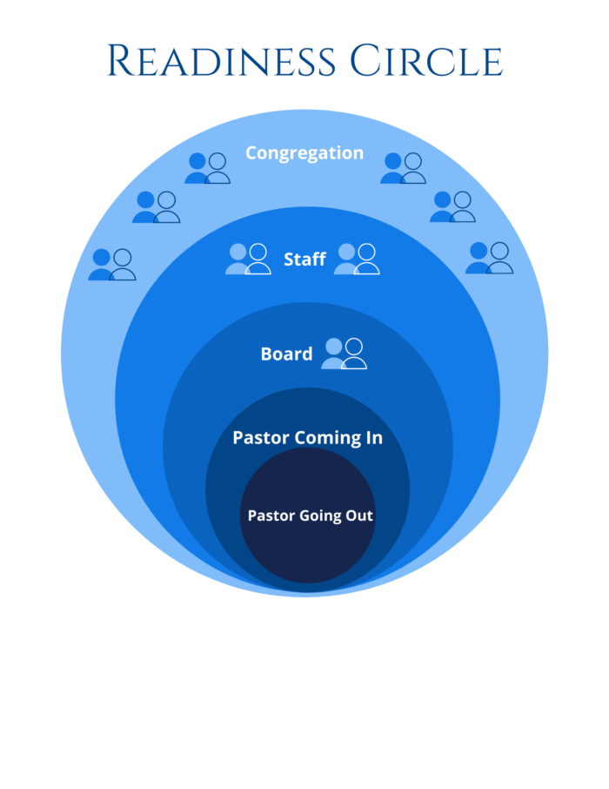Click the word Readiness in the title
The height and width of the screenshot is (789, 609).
coord(222,62)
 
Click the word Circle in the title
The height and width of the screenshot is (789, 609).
coord(426,62)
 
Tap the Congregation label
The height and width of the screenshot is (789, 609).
coord(304,153)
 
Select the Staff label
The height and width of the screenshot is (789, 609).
coord(304,260)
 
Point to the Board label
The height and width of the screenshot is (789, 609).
coord(286,354)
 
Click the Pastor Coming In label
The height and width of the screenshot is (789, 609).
coord(307,438)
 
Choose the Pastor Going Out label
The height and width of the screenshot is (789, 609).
coord(311,516)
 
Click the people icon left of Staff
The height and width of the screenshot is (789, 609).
coord(248,259)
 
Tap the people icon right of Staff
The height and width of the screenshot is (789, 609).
coord(357,259)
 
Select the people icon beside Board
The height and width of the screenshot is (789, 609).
coord(344,353)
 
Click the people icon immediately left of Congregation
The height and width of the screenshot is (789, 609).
coord(207,168)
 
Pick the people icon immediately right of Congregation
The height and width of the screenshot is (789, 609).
coord(403,168)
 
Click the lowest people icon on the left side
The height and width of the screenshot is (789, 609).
coord(112,264)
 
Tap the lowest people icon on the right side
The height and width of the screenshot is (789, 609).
coord(489,258)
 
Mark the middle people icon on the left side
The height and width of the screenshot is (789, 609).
coord(157,207)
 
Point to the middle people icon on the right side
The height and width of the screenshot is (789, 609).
coord(452,206)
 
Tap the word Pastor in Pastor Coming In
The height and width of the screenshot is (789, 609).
coord(260,438)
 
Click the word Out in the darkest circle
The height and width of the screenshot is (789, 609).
coord(360,516)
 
